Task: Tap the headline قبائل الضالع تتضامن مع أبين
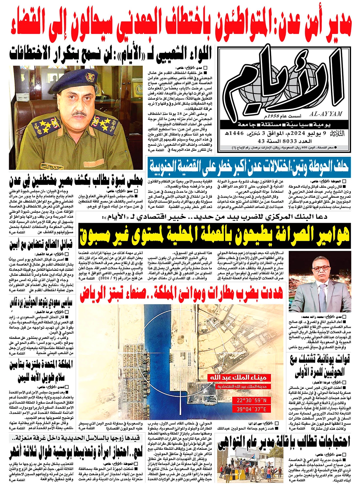41,244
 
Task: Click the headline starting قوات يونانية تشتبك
321,366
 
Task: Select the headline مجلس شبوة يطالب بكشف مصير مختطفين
76,180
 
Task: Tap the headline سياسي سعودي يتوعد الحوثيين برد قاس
41,303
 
